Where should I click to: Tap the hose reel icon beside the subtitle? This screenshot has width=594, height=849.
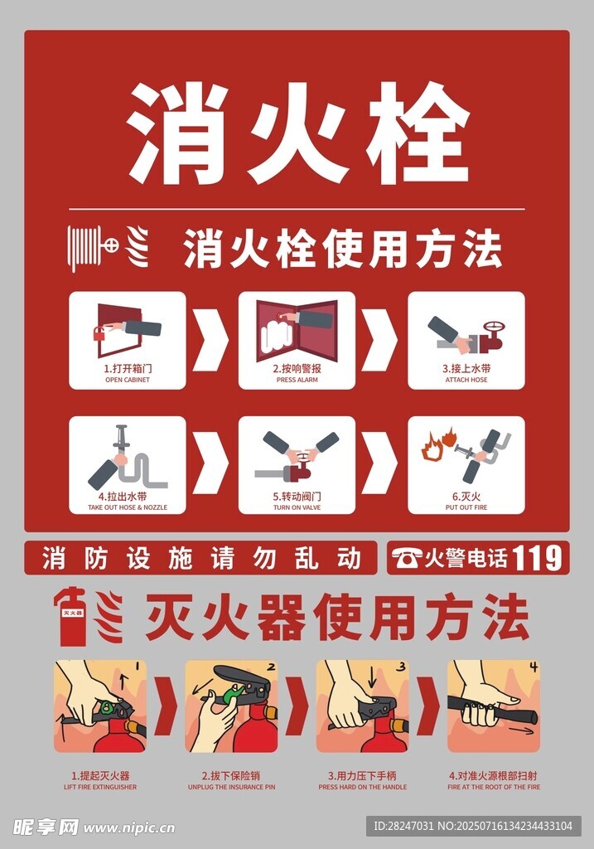point(93,249)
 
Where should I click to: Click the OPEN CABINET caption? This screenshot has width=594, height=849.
point(128,380)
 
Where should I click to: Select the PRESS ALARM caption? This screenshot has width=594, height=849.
point(297,380)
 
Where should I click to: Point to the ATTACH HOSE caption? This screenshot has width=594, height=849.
point(466,380)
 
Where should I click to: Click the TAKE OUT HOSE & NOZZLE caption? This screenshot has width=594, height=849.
point(128,508)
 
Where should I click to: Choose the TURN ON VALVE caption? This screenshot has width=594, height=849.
point(297,508)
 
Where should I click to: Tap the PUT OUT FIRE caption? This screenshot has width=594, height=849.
point(466,508)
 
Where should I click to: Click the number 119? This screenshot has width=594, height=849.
point(537,558)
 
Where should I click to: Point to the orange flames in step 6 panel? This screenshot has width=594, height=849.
point(439,444)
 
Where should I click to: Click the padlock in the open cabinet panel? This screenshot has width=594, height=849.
point(99,333)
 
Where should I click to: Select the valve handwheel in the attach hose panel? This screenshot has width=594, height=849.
point(494,327)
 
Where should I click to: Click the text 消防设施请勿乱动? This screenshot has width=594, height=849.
point(201,558)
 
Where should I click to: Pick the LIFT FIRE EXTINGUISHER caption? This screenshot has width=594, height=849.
point(100,788)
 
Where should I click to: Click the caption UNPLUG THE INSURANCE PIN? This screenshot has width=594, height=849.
point(231,788)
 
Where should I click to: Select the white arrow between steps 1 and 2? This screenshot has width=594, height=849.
point(210,340)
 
